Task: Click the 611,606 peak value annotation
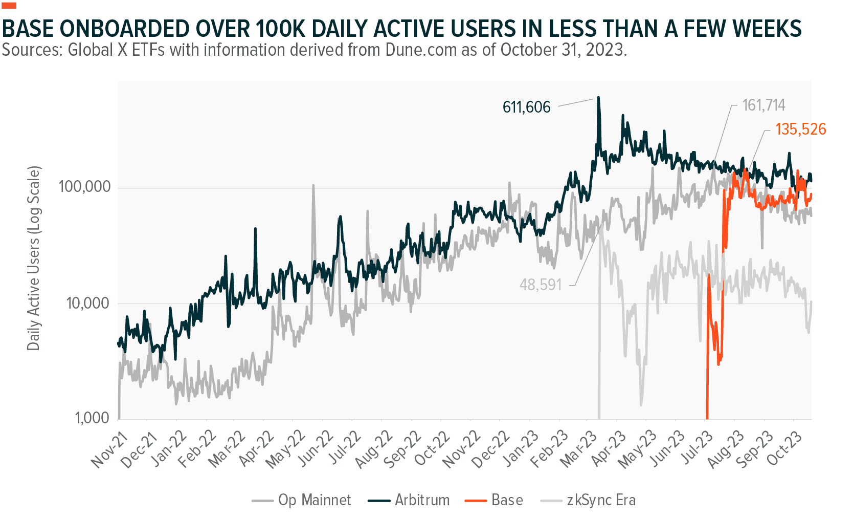click(x=526, y=107)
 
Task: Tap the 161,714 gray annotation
click(x=763, y=105)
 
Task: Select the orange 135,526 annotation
click(x=800, y=129)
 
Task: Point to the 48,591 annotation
click(x=541, y=285)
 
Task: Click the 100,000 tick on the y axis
click(x=84, y=186)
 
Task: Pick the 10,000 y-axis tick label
click(x=88, y=303)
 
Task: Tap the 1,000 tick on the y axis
click(x=92, y=418)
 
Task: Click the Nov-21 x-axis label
click(x=109, y=449)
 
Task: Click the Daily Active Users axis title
click(x=33, y=258)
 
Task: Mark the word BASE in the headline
click(x=28, y=29)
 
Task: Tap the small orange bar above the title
click(x=9, y=6)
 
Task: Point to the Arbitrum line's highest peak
click(x=599, y=97)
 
